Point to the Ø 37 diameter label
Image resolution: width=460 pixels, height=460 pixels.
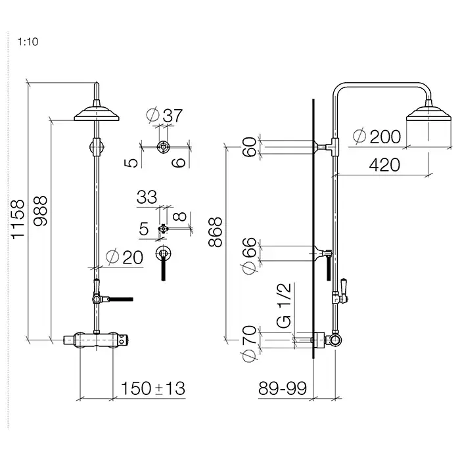pos(164,116)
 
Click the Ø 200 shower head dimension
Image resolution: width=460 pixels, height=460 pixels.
pos(376,137)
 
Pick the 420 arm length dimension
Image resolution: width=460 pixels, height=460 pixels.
pos(383,164)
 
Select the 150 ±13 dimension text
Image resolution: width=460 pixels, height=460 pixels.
pos(152,388)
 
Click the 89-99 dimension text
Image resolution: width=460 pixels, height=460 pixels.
pos(283,388)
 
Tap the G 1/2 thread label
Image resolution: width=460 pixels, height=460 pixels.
pos(284,305)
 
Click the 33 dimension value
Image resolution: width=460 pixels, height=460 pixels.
pos(147,197)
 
